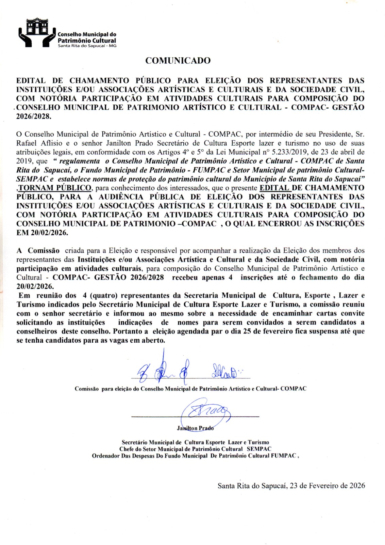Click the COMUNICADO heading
[178, 61]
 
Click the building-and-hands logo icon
[37, 32]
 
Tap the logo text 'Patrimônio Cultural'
[87, 40]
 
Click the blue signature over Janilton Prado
[205, 413]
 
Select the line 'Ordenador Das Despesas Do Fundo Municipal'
[150, 456]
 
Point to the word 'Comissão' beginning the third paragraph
[44, 250]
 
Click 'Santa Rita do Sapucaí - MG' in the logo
[87, 46]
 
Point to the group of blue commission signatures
[184, 370]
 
